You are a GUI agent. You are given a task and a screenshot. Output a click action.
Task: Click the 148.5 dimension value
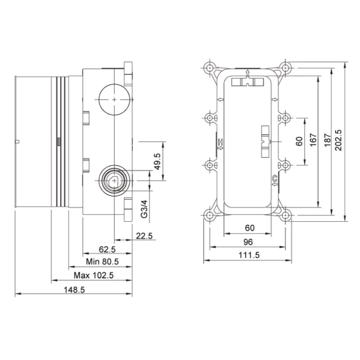pyautogui.click(x=74, y=290)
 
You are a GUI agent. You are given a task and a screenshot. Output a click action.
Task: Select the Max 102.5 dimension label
pyautogui.click(x=93, y=275)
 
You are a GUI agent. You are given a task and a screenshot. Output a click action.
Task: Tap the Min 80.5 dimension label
pyautogui.click(x=102, y=262)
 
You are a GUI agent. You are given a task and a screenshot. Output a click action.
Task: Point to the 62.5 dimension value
pyautogui.click(x=107, y=249)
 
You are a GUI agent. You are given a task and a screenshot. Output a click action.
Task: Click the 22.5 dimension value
pyautogui.click(x=144, y=236)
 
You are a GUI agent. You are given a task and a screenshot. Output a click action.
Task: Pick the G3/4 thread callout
pyautogui.click(x=144, y=209)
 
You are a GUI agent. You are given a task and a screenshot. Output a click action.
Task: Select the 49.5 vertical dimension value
pyautogui.click(x=157, y=162)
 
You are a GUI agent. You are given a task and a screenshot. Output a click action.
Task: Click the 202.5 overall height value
pyautogui.click(x=338, y=140)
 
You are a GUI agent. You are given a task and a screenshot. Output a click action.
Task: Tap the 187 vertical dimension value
pyautogui.click(x=328, y=140)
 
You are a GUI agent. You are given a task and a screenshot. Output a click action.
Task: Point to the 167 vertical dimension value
pyautogui.click(x=313, y=139)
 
